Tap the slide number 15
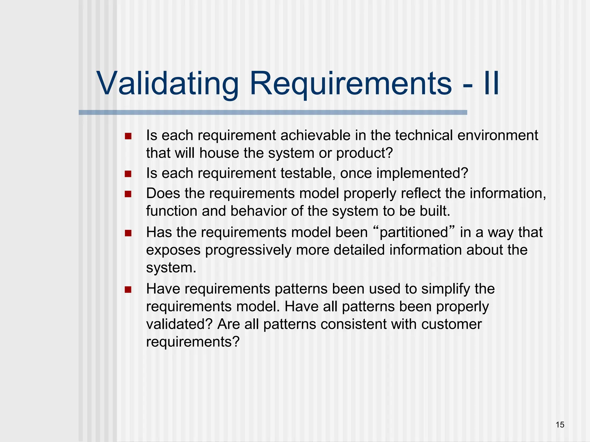pos(560,425)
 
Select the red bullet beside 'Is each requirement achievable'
pos(128,136)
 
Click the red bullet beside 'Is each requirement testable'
pos(128,174)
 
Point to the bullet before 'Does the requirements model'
pos(128,194)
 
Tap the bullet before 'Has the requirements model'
pos(128,233)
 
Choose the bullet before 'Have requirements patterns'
pos(128,289)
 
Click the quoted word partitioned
pos(414,232)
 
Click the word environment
pos(498,136)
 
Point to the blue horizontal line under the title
pos(273,113)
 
